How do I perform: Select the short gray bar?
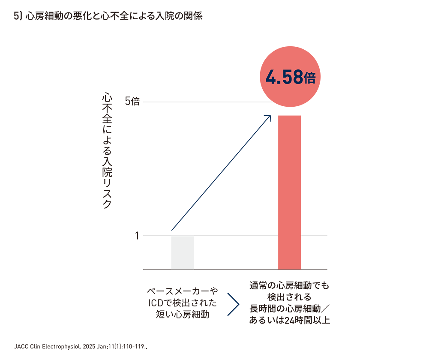click(x=183, y=252)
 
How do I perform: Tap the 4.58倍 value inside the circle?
click(x=290, y=78)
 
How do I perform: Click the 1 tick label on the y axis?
click(x=137, y=235)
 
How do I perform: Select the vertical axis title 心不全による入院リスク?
click(x=106, y=150)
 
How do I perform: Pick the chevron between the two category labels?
click(x=233, y=304)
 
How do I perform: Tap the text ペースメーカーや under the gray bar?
click(x=183, y=291)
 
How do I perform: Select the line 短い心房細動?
click(x=183, y=315)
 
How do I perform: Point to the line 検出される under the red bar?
click(x=289, y=297)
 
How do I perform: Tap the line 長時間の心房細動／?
click(x=289, y=309)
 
